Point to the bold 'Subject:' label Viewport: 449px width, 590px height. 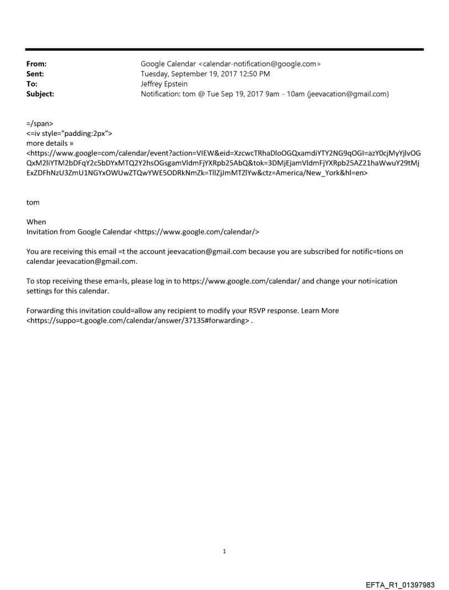[32, 94]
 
